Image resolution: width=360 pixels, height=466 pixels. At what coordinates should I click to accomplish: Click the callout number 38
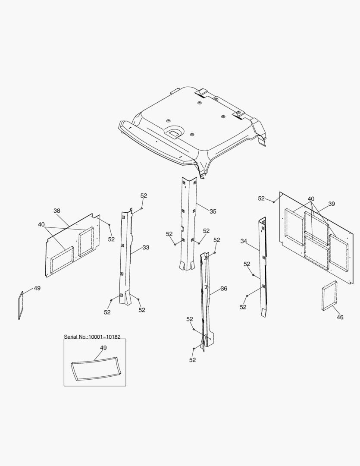[57, 211]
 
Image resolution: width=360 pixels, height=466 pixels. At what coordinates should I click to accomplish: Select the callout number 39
[331, 204]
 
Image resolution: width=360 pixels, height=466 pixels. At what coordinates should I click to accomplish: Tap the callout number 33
[146, 247]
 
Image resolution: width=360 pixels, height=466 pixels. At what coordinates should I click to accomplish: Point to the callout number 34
[244, 241]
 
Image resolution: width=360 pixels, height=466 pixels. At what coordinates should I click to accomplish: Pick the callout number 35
[213, 211]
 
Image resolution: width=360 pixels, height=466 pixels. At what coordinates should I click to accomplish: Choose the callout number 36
[223, 288]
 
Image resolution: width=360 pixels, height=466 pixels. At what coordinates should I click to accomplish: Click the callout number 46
[340, 317]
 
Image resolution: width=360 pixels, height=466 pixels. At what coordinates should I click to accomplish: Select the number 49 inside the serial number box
[103, 347]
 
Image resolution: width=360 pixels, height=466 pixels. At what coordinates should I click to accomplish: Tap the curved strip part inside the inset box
[94, 368]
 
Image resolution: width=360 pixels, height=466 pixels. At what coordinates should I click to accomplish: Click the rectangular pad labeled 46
[329, 296]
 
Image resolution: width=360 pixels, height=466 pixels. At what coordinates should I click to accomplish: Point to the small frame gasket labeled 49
[20, 305]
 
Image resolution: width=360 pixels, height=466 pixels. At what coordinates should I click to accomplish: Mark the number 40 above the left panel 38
[41, 224]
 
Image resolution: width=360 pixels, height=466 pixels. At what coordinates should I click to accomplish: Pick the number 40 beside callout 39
[311, 199]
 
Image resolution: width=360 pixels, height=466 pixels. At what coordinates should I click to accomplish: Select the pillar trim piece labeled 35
[188, 224]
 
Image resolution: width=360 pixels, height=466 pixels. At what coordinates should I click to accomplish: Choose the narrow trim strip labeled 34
[262, 268]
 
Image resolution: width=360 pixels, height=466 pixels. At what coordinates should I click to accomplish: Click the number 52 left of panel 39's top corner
[261, 198]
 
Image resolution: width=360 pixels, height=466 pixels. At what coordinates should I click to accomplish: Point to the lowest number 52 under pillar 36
[192, 360]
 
